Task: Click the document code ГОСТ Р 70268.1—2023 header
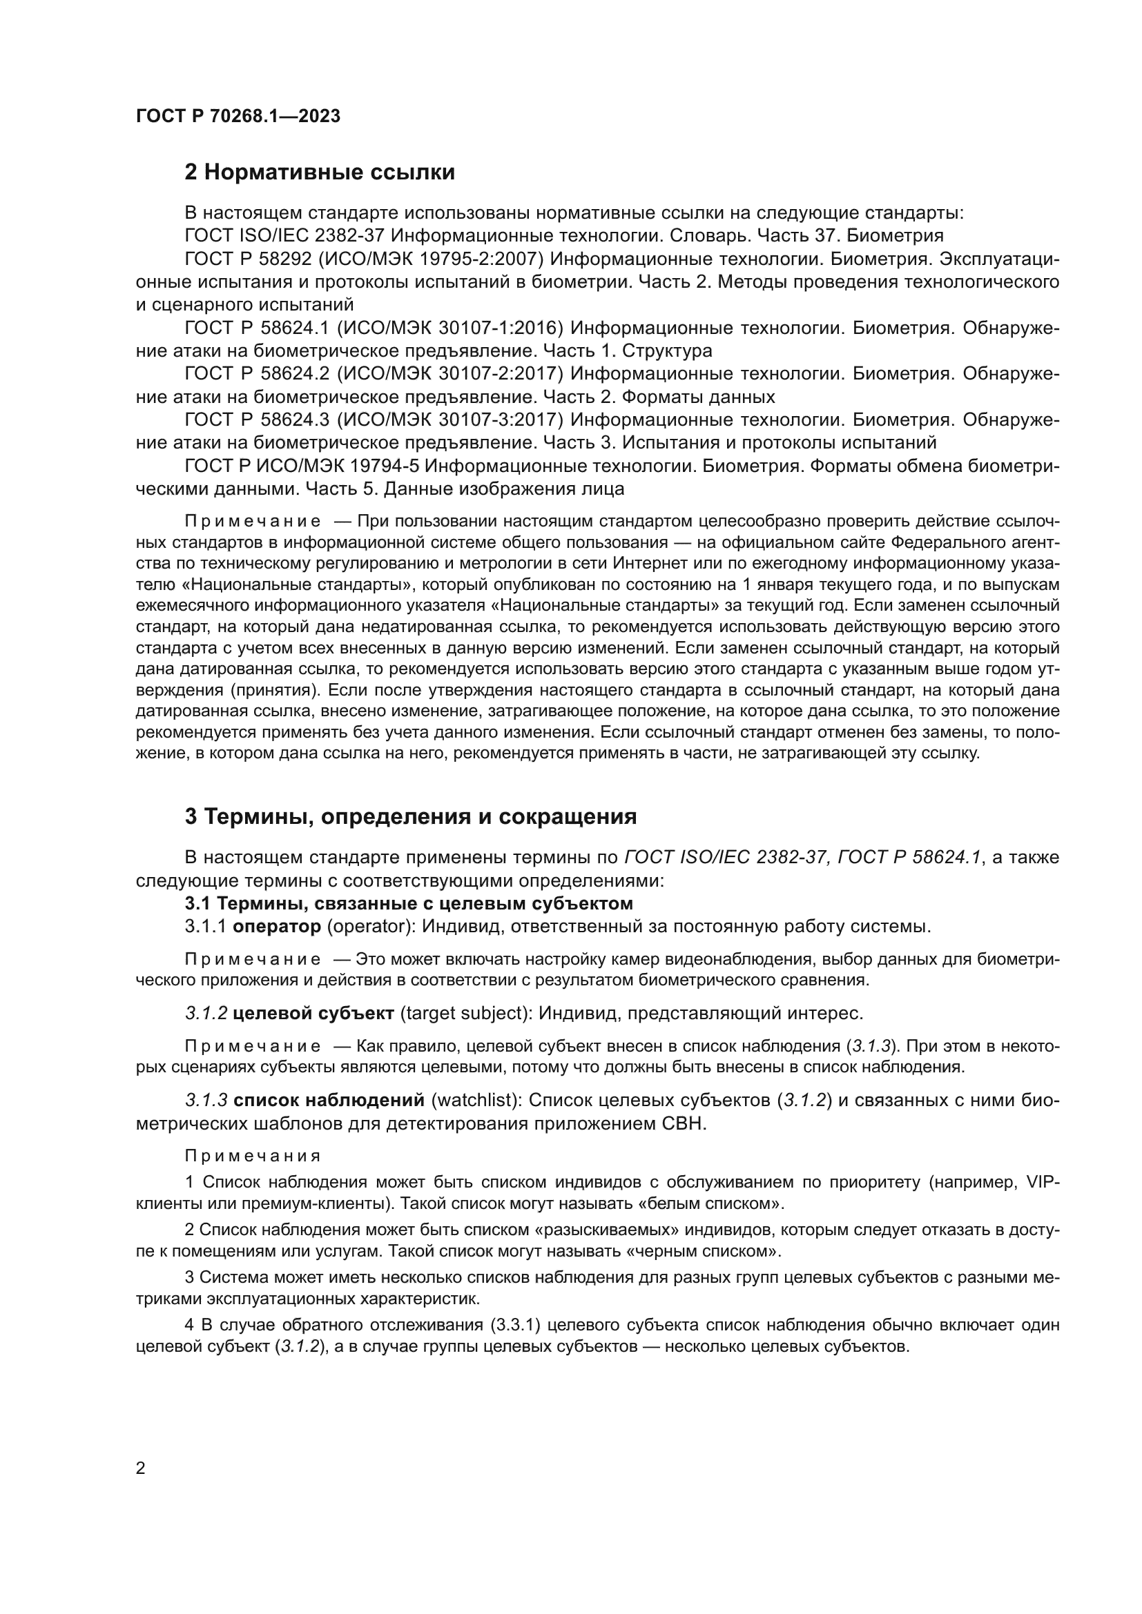pos(238,117)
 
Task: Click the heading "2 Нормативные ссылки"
pos(319,173)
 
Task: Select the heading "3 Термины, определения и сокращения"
pos(411,816)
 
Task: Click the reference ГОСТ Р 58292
pos(248,259)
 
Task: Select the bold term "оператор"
pos(276,927)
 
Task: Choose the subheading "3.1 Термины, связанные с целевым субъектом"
pos(409,903)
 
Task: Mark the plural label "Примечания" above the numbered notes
pos(253,1156)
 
